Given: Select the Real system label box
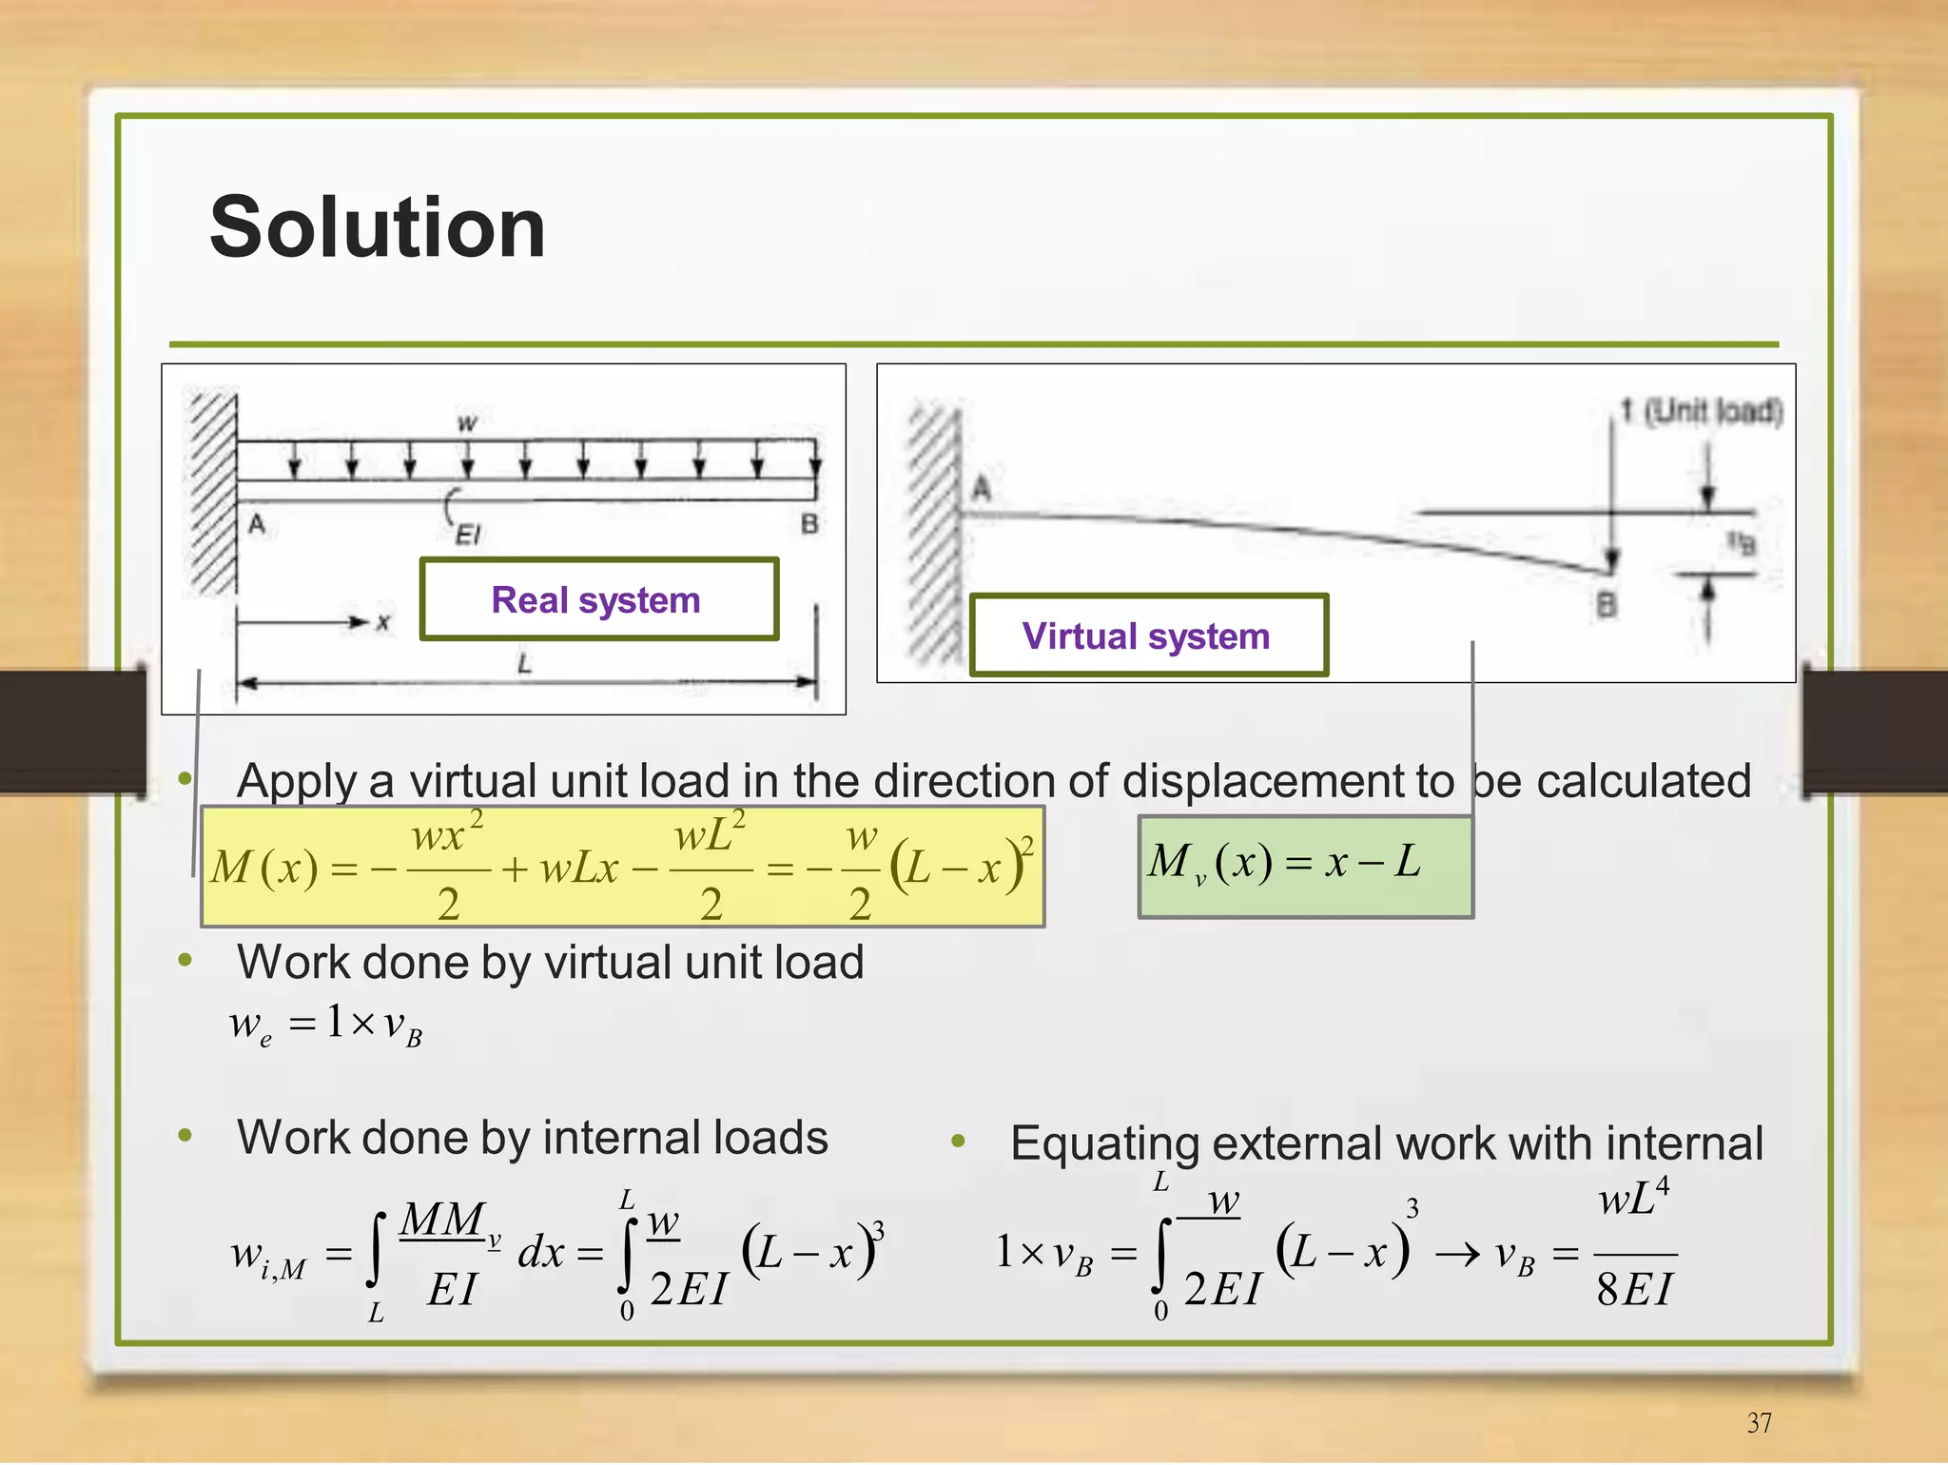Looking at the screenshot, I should click(598, 600).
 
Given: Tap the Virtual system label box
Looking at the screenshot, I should click(1147, 635).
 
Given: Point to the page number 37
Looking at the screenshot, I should click(1759, 1422).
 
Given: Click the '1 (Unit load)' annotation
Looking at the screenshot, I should click(1702, 411).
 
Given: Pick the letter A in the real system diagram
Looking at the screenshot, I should click(257, 524).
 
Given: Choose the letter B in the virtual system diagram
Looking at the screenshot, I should click(1607, 605).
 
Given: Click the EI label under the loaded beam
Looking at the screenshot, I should click(467, 536).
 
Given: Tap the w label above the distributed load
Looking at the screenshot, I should click(467, 422).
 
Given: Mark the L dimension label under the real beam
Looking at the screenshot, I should click(524, 664).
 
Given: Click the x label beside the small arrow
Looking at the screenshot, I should click(382, 623).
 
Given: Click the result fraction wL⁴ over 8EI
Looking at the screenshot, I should click(1634, 1245).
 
